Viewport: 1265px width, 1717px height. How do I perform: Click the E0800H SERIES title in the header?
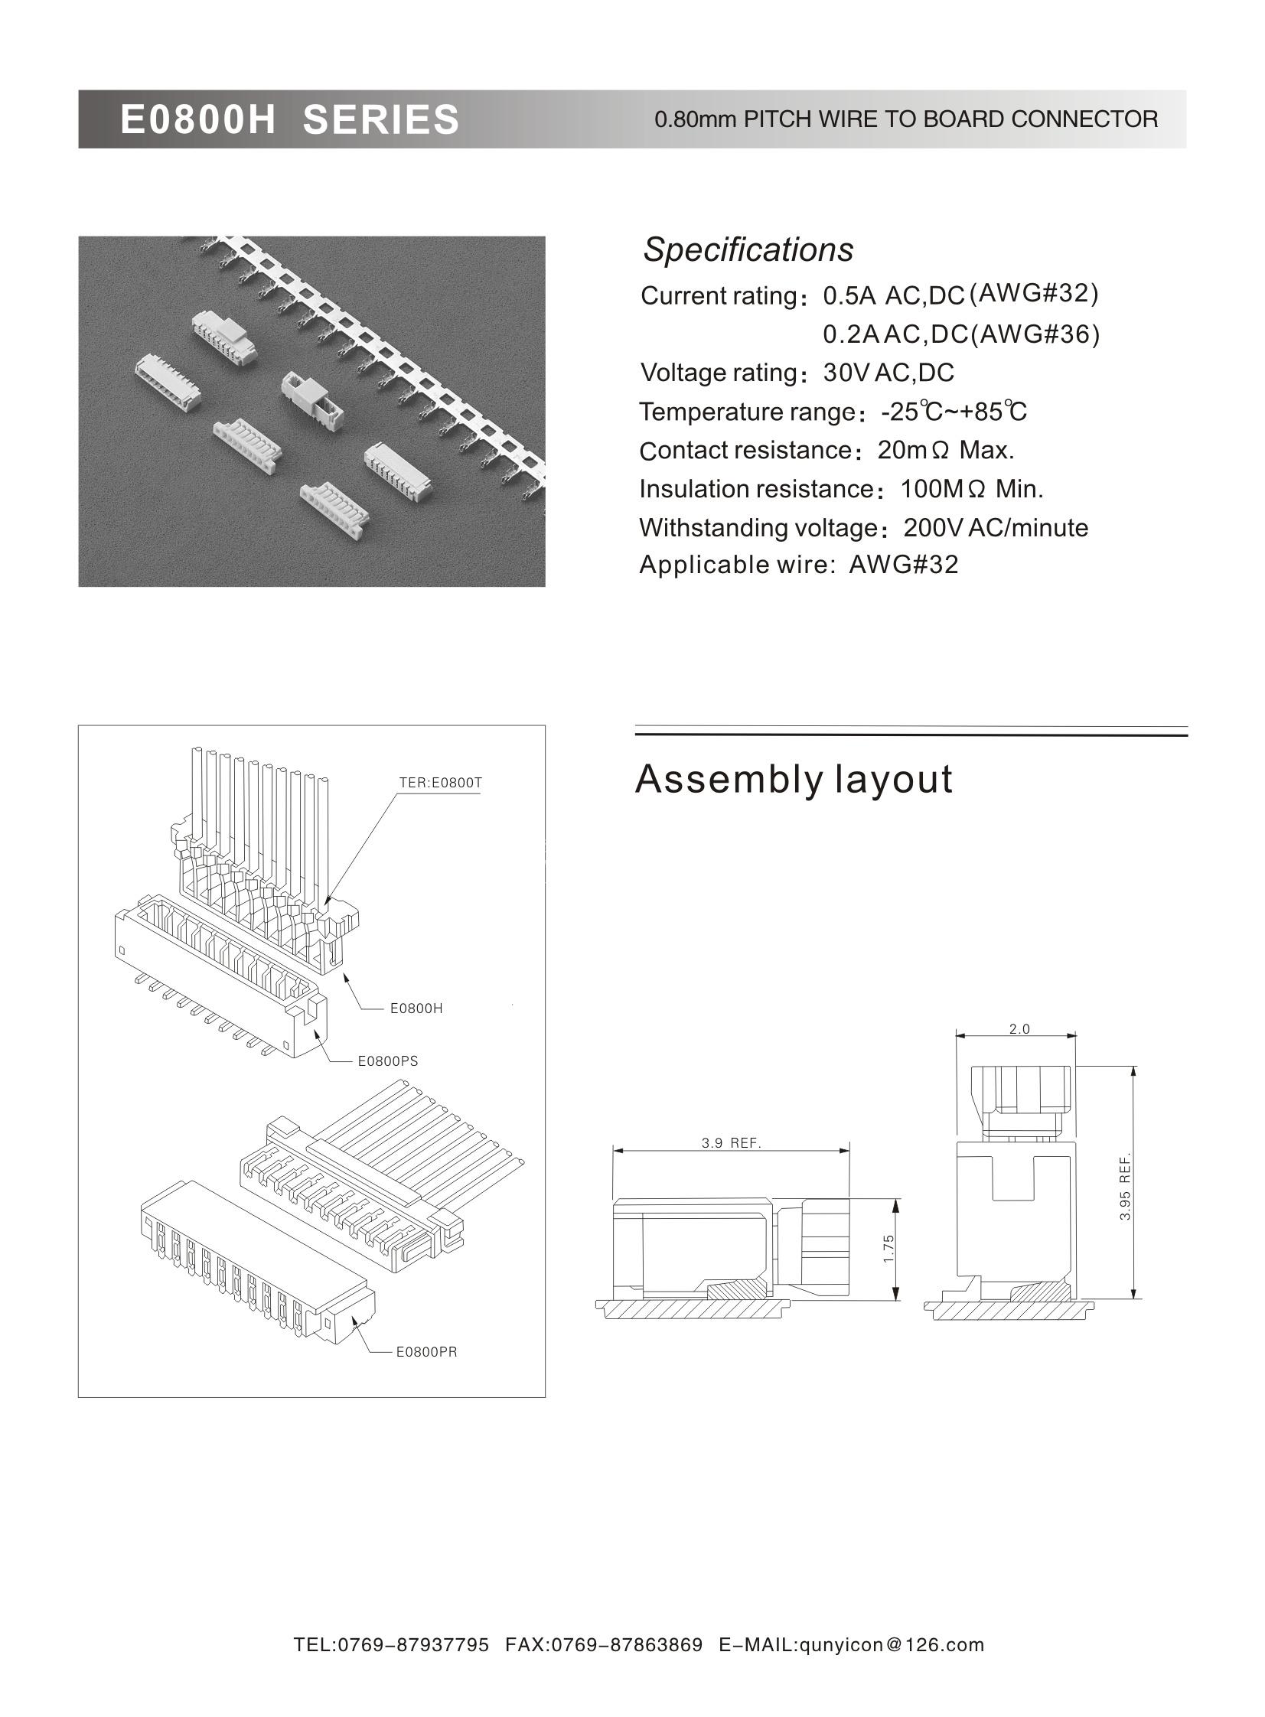coord(289,120)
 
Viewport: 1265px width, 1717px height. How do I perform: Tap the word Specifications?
coord(748,249)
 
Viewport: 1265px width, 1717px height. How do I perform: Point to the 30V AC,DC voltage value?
coord(888,373)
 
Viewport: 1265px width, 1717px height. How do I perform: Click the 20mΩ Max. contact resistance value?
coord(945,450)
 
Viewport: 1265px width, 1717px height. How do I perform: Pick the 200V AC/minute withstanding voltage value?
coord(996,527)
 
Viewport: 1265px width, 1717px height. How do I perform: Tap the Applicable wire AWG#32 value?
coord(904,565)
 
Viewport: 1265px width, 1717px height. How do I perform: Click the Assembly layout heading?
coord(794,779)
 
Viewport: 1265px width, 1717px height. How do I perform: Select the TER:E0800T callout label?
coord(440,783)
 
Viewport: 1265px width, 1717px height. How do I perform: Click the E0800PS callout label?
coord(388,1061)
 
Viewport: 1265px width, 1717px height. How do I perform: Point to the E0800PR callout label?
coord(426,1352)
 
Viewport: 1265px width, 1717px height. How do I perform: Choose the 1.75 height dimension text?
coord(889,1249)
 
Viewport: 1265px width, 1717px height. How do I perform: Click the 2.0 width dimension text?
coord(1019,1030)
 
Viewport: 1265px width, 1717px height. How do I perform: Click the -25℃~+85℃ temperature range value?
coord(954,412)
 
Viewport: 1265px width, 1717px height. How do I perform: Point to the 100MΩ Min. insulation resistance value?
coord(972,488)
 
